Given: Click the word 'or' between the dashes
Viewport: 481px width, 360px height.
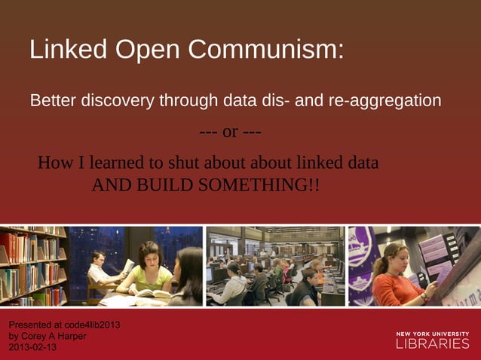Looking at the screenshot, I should coord(230,132).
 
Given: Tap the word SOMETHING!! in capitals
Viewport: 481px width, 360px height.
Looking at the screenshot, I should coord(259,185).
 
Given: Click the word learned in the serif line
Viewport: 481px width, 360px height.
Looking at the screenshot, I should coord(119,163).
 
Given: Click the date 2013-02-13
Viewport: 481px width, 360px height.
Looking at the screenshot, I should coord(32,347).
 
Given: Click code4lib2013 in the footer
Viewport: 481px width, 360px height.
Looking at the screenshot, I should coord(90,325).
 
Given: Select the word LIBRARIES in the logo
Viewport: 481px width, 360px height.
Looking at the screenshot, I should coord(432,343).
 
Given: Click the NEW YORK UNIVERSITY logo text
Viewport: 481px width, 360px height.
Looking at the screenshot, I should coord(432,332).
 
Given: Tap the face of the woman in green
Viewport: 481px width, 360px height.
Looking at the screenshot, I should coord(149,255).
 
